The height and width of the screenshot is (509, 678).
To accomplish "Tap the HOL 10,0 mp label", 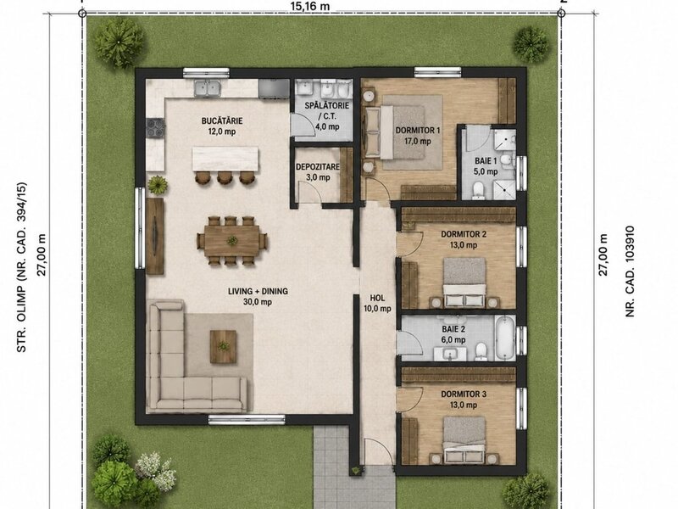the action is coord(377,303).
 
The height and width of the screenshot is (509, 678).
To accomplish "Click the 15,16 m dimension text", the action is coord(310,6).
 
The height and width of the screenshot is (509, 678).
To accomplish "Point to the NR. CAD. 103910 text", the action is coord(630,271).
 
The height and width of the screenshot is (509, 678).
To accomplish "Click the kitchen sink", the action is coord(207,89).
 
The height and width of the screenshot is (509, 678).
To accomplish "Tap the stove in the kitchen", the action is coord(155,128).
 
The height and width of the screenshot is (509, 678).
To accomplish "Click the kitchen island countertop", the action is coord(225,159).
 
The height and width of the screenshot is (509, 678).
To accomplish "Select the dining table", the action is coord(232,240).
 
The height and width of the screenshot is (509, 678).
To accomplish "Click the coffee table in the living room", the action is coord(223,347).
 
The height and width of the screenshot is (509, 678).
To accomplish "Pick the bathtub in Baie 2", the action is coord(504,338).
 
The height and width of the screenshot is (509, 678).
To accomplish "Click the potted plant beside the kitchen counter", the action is coord(158,185).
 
